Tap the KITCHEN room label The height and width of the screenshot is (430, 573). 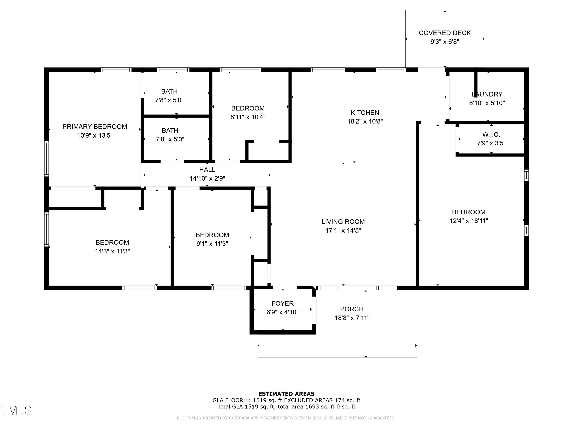click(x=365, y=113)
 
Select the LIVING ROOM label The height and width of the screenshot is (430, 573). click(x=343, y=222)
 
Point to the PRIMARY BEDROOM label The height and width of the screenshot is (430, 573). click(x=95, y=127)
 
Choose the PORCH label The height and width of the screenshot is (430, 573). click(x=352, y=309)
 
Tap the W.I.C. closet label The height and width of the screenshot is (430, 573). click(x=491, y=135)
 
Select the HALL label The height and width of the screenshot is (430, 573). click(x=207, y=170)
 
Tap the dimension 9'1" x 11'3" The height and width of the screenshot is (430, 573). click(x=212, y=244)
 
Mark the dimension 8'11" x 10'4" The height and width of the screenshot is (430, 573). click(x=248, y=117)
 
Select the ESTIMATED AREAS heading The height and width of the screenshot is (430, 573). click(x=286, y=394)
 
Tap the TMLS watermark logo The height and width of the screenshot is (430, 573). click(x=16, y=410)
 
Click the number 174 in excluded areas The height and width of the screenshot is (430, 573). click(x=340, y=400)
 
